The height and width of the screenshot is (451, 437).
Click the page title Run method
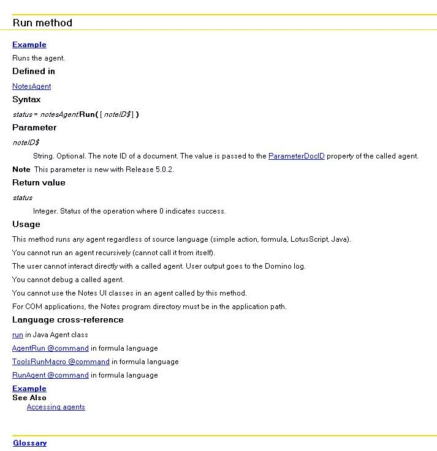[42, 23]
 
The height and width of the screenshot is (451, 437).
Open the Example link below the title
[29, 45]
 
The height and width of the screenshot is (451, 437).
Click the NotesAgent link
[31, 86]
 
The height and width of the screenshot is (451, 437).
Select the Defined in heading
[33, 71]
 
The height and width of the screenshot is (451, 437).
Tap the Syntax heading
[26, 99]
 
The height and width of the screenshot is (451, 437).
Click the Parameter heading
[34, 127]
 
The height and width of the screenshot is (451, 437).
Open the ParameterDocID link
[296, 156]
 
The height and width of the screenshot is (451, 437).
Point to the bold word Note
[21, 170]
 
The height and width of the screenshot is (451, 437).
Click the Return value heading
[39, 182]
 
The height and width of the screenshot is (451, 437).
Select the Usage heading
[26, 224]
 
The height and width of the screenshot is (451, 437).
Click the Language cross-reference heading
[67, 319]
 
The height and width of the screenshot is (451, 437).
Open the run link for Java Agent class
[17, 335]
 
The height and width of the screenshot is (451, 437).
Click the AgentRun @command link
[50, 348]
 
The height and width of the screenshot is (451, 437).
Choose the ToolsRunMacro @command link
[61, 362]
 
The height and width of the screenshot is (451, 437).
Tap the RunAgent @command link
[50, 375]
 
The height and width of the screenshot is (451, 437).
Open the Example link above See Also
[29, 389]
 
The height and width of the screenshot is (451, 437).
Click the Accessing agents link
[56, 407]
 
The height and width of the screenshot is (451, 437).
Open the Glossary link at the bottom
[29, 443]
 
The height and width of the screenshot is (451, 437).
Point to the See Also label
[29, 398]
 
